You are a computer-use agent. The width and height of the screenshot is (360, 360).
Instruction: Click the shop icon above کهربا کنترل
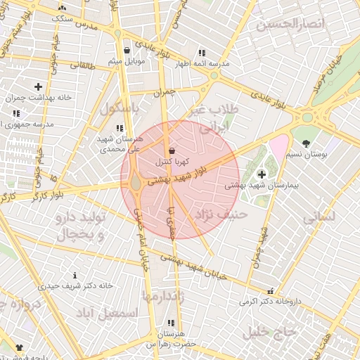click(172, 151)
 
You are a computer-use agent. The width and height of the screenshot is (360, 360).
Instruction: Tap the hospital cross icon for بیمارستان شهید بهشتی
click(262, 174)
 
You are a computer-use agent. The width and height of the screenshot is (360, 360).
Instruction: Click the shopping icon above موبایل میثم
click(127, 51)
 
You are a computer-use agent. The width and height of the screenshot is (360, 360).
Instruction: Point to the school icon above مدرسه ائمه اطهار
click(202, 53)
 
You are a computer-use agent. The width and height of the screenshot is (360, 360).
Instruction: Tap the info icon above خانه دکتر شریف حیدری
click(75, 275)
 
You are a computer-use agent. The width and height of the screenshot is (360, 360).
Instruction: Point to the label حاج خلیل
click(265, 332)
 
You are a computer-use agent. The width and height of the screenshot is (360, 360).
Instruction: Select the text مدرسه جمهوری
click(29, 124)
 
